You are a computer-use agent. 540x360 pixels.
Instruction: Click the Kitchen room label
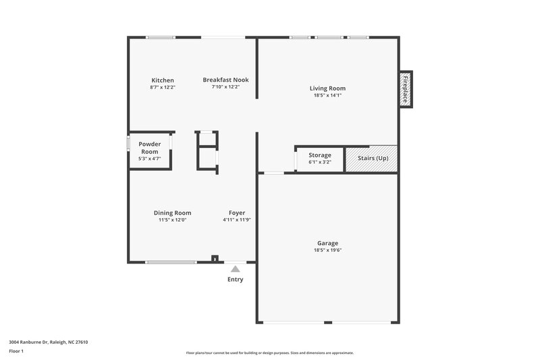click(162, 80)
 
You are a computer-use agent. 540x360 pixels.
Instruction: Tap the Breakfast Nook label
click(225, 80)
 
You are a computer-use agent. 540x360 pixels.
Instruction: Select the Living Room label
click(327, 88)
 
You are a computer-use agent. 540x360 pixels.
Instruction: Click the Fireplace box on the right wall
click(406, 88)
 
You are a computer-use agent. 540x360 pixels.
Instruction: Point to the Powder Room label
click(149, 147)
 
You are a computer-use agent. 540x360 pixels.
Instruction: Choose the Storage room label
click(320, 155)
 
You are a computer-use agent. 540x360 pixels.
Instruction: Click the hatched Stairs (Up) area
click(373, 158)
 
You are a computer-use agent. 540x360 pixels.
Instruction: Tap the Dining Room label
click(172, 213)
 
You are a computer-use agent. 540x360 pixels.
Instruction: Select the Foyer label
click(236, 213)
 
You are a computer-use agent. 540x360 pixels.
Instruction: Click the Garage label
click(327, 243)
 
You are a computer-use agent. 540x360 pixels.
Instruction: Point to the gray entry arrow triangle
click(235, 269)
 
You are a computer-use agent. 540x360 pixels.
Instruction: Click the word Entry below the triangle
click(235, 280)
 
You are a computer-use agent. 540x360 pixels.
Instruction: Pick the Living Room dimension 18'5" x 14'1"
click(327, 95)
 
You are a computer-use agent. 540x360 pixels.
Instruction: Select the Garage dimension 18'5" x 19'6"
click(327, 251)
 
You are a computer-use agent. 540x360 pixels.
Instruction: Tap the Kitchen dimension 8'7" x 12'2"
click(162, 87)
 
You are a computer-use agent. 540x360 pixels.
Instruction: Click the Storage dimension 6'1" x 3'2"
click(320, 162)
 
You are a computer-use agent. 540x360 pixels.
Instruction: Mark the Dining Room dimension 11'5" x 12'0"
click(172, 220)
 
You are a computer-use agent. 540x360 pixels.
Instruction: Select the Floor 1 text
click(16, 352)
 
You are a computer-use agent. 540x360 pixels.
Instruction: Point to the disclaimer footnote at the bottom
click(270, 353)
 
